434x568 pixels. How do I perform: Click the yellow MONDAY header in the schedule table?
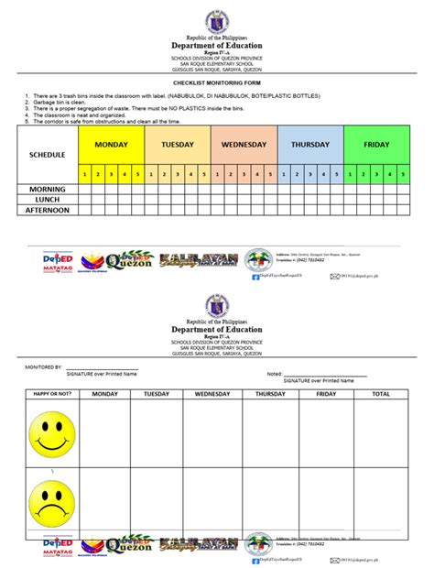[x=112, y=145]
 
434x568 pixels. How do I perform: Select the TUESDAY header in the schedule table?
[x=178, y=145]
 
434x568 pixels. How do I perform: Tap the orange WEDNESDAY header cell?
[x=244, y=145]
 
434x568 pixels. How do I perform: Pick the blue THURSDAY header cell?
[x=310, y=145]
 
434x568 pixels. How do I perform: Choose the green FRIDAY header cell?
[x=376, y=145]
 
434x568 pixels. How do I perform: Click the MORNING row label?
[x=48, y=189]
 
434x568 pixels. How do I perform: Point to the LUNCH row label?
[x=48, y=199]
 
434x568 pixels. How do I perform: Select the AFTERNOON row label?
[x=48, y=210]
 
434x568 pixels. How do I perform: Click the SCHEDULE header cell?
[x=48, y=155]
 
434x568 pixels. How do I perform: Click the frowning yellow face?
[x=51, y=499]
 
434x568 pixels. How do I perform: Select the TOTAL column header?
[x=380, y=394]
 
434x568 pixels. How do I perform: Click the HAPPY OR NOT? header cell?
[x=51, y=394]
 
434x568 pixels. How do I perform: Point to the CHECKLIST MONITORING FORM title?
[x=217, y=82]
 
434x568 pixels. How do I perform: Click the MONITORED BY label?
[x=43, y=365]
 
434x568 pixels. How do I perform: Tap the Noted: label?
[x=275, y=373]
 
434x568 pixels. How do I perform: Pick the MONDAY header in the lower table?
[x=104, y=394]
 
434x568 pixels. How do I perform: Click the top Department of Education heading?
[x=217, y=46]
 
